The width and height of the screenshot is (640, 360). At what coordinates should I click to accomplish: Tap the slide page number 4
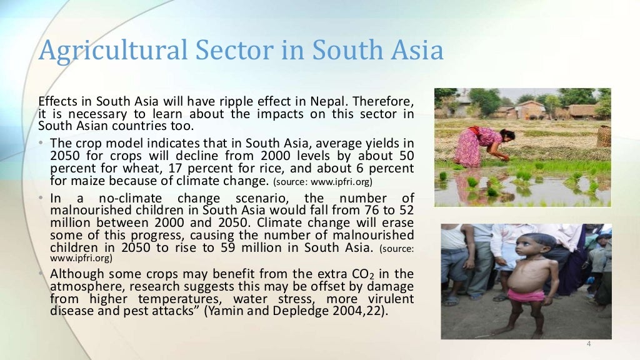(x=588, y=344)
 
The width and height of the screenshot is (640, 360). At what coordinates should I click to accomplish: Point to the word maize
(x=81, y=182)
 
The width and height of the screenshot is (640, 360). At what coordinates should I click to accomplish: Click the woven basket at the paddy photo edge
(x=603, y=135)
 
